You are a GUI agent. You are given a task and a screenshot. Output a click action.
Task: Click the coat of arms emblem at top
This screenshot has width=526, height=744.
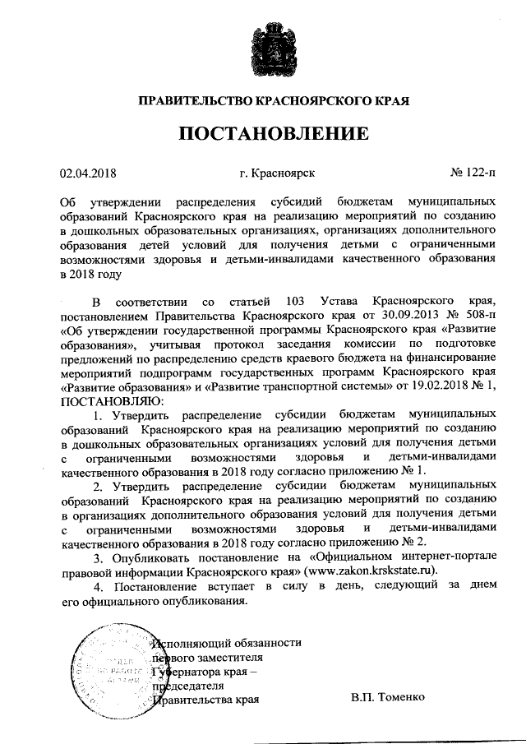(263, 50)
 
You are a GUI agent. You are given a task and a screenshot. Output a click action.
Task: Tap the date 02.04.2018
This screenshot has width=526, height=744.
(90, 173)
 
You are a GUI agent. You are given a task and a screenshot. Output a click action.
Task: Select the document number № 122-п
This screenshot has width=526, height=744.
(473, 173)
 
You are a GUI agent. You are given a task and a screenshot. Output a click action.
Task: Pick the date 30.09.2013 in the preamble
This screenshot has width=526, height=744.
(386, 315)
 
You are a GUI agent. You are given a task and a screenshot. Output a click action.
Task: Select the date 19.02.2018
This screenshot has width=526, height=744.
(438, 386)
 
